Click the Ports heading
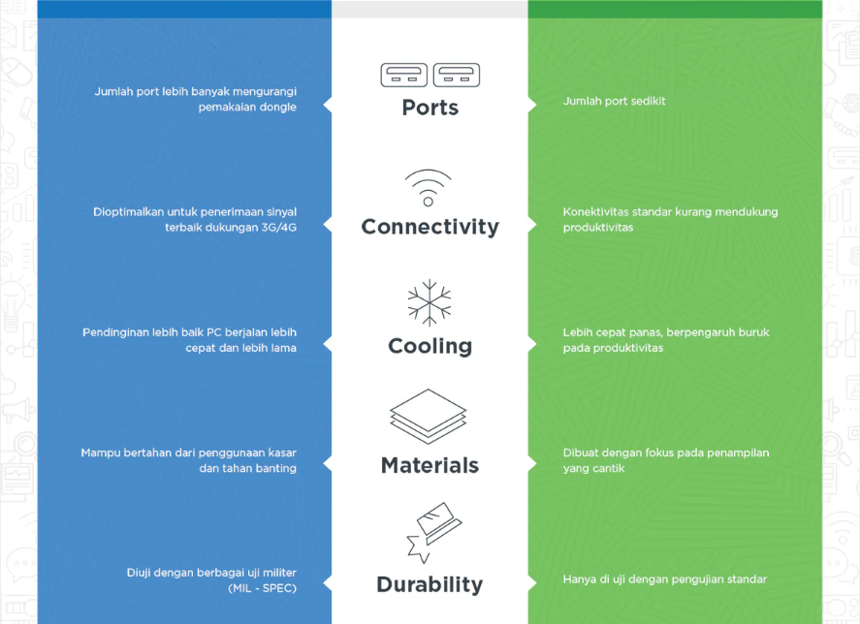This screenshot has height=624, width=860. (x=430, y=108)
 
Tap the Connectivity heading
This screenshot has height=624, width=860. (x=430, y=227)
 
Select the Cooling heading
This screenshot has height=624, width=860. (x=430, y=347)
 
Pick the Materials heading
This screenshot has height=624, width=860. (x=430, y=465)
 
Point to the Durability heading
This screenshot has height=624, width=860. (x=430, y=585)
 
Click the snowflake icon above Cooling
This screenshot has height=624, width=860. (x=430, y=302)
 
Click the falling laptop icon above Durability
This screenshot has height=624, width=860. (x=433, y=532)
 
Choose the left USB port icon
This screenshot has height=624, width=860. (x=403, y=76)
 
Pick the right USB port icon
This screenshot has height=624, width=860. (x=457, y=76)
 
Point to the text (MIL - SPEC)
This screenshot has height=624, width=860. (x=262, y=588)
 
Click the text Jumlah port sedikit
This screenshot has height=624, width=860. (x=614, y=101)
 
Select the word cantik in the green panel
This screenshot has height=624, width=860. (x=609, y=468)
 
